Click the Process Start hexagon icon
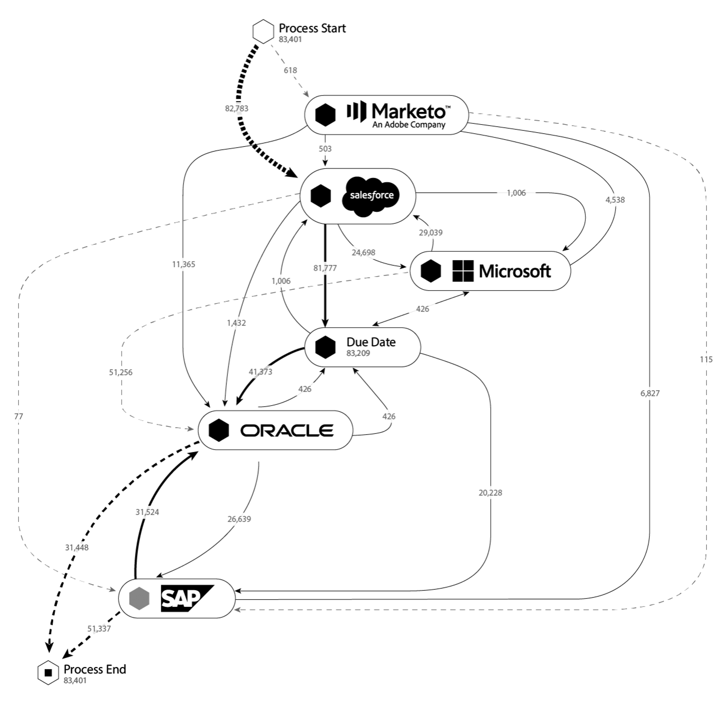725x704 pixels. click(x=263, y=32)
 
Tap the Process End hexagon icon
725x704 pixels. click(x=48, y=673)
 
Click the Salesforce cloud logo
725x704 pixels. click(x=371, y=196)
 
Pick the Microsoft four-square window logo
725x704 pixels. click(x=463, y=271)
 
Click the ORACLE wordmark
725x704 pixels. click(x=287, y=430)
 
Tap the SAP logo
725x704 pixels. click(x=187, y=598)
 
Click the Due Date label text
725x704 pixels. click(x=371, y=342)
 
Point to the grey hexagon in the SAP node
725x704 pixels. click(x=139, y=598)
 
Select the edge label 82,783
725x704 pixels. click(x=237, y=108)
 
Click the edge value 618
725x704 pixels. click(x=290, y=70)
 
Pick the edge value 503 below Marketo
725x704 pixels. click(x=325, y=148)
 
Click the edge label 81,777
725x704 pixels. click(x=325, y=268)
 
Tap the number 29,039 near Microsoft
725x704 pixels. click(x=431, y=232)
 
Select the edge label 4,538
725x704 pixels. click(x=615, y=200)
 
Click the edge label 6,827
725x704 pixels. click(x=650, y=393)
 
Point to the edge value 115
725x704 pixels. click(x=706, y=359)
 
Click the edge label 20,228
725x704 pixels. click(x=490, y=493)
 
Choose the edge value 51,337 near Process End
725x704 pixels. click(x=99, y=629)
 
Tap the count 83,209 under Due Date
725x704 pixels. click(x=358, y=353)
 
